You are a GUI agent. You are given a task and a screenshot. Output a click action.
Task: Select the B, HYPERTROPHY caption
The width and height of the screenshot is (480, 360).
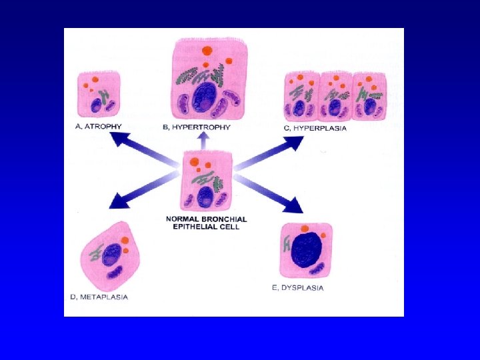tap(197, 127)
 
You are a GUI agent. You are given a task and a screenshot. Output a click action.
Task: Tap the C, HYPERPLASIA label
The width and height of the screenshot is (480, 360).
tap(315, 127)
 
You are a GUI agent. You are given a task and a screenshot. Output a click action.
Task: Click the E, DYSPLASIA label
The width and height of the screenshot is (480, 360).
tap(298, 288)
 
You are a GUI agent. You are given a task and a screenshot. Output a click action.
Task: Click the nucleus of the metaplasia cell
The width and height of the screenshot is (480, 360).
tap(111, 255)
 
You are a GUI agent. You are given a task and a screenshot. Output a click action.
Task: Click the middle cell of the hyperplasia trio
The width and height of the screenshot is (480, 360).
tap(335, 96)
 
